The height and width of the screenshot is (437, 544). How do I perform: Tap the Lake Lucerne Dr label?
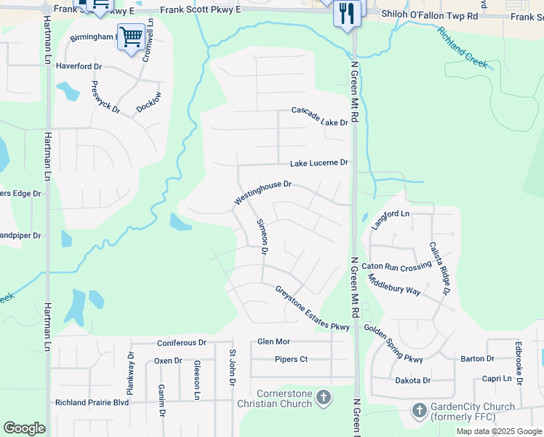pyautogui.click(x=319, y=163)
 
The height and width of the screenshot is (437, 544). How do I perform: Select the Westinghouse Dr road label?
pyautogui.click(x=263, y=193)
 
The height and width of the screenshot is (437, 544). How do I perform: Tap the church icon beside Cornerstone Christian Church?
pyautogui.click(x=324, y=398)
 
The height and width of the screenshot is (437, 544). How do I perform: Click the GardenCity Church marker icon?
pyautogui.click(x=419, y=411)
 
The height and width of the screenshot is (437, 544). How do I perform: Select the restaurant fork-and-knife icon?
pyautogui.click(x=347, y=13)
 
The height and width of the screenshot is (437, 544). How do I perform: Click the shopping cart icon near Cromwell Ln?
pyautogui.click(x=132, y=36)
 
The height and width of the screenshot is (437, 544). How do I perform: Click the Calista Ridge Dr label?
pyautogui.click(x=440, y=269)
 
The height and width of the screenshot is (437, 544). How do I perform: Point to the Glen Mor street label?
pyautogui.click(x=273, y=342)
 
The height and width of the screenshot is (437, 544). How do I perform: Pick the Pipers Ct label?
pyautogui.click(x=292, y=360)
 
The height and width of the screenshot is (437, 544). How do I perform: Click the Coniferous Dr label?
pyautogui.click(x=182, y=342)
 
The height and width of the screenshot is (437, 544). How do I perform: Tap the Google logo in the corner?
pyautogui.click(x=24, y=428)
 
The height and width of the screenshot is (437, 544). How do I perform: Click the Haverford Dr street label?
pyautogui.click(x=79, y=66)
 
